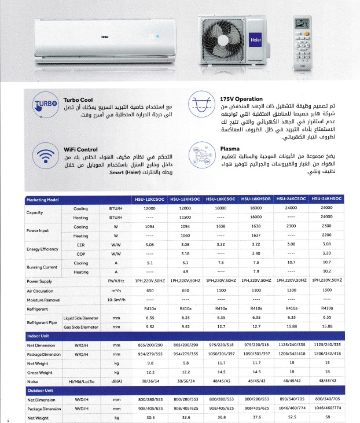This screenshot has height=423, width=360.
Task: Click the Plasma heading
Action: click(x=230, y=148)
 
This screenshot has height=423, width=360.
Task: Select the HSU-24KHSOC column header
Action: click(x=327, y=200)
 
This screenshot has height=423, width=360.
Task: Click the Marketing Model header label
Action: click(x=43, y=200)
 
